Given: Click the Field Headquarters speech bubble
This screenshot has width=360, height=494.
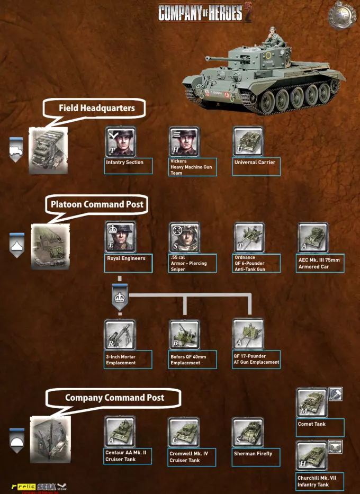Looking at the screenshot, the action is pos(94,109).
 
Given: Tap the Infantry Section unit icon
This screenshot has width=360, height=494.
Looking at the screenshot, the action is pos(121,141).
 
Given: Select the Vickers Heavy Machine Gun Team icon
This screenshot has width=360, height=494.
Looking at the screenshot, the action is pos(184,141).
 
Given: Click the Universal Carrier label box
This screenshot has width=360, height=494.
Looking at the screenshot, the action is pos(256,167).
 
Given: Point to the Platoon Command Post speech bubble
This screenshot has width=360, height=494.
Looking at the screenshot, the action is pos(96,205).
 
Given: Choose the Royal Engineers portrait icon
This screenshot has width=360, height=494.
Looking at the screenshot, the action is pos(121,237).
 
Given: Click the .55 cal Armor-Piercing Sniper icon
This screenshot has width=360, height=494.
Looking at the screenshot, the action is pos(185,238).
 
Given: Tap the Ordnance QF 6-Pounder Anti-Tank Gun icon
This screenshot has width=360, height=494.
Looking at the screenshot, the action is pos(249,238).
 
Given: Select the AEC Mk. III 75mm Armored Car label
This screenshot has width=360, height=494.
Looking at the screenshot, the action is pos(320,263).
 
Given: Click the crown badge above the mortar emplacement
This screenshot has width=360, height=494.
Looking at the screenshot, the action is pos(120,297).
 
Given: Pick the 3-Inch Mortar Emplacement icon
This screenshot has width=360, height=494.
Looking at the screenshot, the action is pos(120,335).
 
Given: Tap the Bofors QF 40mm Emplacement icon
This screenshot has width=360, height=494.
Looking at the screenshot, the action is pos(185,335).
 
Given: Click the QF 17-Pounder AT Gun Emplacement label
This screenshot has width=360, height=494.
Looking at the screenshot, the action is pos(256,360).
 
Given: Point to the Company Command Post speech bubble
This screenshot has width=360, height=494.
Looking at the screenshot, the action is pos(113,398).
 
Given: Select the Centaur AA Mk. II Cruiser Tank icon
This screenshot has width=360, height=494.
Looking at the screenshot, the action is pos(120,432).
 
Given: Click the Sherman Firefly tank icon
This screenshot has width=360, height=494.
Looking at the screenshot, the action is pos(248,433).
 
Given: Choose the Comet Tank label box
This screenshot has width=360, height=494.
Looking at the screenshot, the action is pos(320,427).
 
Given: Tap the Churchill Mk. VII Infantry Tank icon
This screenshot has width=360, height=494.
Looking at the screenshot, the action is pos(312,456).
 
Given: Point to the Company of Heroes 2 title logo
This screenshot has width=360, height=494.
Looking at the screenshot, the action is pos(205,13).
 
